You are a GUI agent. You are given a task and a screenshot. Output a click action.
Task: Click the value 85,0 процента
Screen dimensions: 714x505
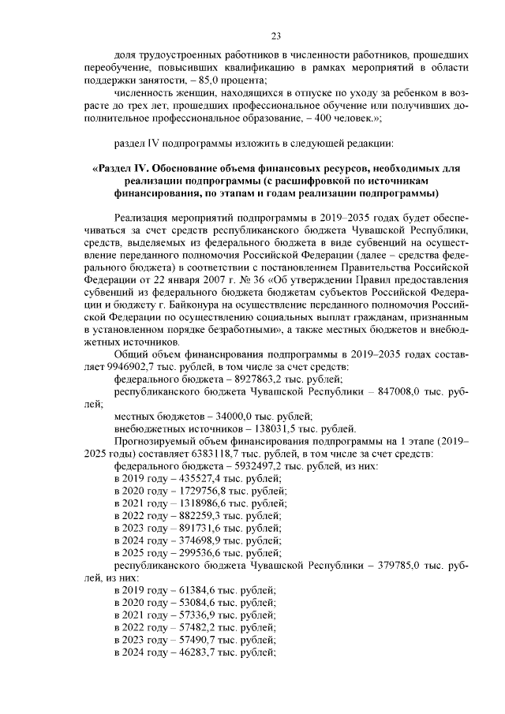(234, 80)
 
